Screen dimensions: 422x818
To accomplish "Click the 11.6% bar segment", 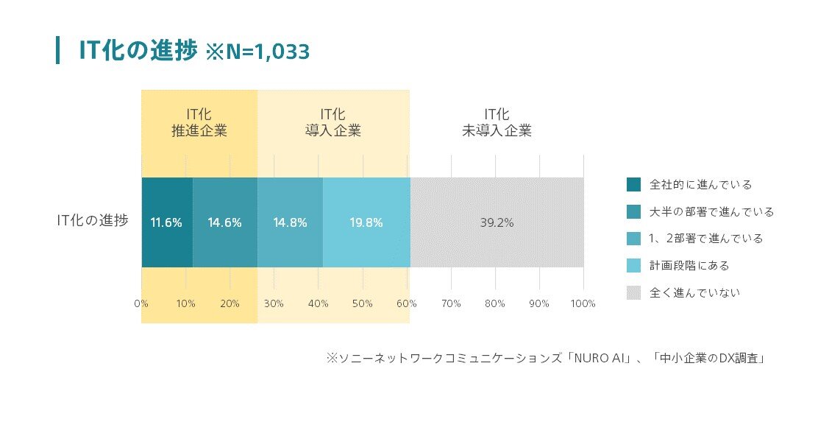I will pyautogui.click(x=166, y=222).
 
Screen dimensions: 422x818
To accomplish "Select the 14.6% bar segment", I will pyautogui.click(x=225, y=222).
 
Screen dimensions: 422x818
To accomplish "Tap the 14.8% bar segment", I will pyautogui.click(x=290, y=222).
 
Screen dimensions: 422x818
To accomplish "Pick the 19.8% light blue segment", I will pyautogui.click(x=366, y=222).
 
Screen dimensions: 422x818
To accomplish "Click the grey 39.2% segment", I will pyautogui.click(x=497, y=222).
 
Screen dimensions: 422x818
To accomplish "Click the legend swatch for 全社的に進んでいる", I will pyautogui.click(x=634, y=184).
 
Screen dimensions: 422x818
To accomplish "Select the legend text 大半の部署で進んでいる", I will pyautogui.click(x=711, y=211).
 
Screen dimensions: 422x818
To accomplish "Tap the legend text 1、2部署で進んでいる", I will pyautogui.click(x=706, y=239).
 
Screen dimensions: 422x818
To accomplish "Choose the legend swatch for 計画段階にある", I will pyautogui.click(x=634, y=265).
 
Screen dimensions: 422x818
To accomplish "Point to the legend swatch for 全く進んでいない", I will pyautogui.click(x=634, y=292).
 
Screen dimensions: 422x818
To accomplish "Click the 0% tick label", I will pyautogui.click(x=141, y=303).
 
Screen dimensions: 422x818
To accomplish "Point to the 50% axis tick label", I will pyautogui.click(x=363, y=303).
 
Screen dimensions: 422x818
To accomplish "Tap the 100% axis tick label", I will pyautogui.click(x=583, y=303).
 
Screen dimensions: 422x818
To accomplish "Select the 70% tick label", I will pyautogui.click(x=451, y=303).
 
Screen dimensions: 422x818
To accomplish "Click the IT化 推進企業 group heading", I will pyautogui.click(x=199, y=123).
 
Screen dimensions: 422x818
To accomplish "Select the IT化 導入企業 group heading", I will pyautogui.click(x=333, y=123).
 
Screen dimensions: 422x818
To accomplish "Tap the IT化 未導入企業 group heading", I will pyautogui.click(x=497, y=123).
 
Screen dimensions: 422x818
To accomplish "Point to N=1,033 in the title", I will pyautogui.click(x=257, y=52).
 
